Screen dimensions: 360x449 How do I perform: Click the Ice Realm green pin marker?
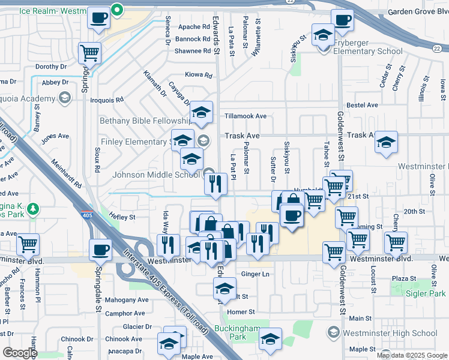(x=118, y=8)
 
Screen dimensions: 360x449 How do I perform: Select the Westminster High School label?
(x=390, y=333)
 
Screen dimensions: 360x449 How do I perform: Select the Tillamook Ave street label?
(x=245, y=116)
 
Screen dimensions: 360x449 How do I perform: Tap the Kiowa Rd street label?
(x=199, y=76)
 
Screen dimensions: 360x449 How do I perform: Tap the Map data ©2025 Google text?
(x=411, y=355)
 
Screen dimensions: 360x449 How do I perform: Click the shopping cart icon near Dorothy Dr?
(x=89, y=53)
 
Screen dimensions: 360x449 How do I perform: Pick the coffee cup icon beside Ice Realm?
(x=98, y=19)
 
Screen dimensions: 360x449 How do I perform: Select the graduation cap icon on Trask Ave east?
(x=387, y=143)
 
